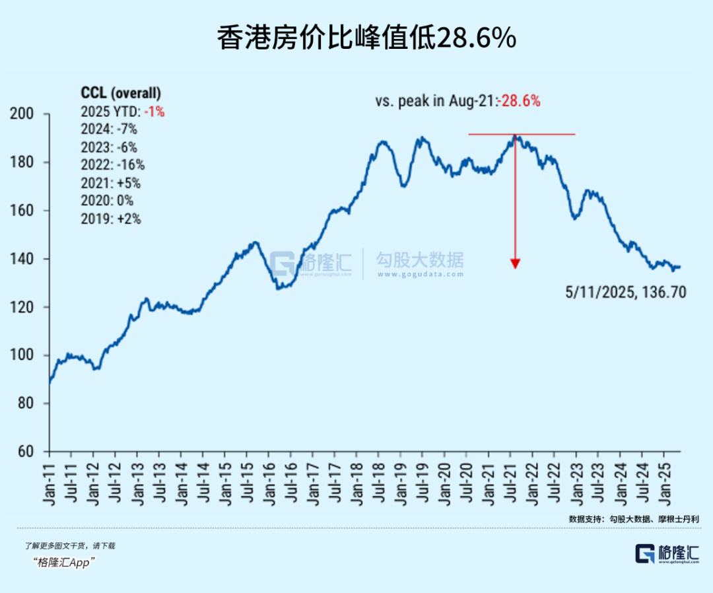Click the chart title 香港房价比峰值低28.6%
pyautogui.click(x=366, y=39)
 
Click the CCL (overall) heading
pyautogui.click(x=120, y=92)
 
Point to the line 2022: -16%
pyautogui.click(x=112, y=165)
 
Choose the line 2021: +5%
pyautogui.click(x=110, y=183)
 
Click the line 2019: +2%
pyautogui.click(x=110, y=219)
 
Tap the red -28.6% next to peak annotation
pyautogui.click(x=520, y=101)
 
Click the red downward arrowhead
pyautogui.click(x=516, y=263)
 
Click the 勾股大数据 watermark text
pyautogui.click(x=420, y=259)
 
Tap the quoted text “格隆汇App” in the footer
pyautogui.click(x=64, y=562)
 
